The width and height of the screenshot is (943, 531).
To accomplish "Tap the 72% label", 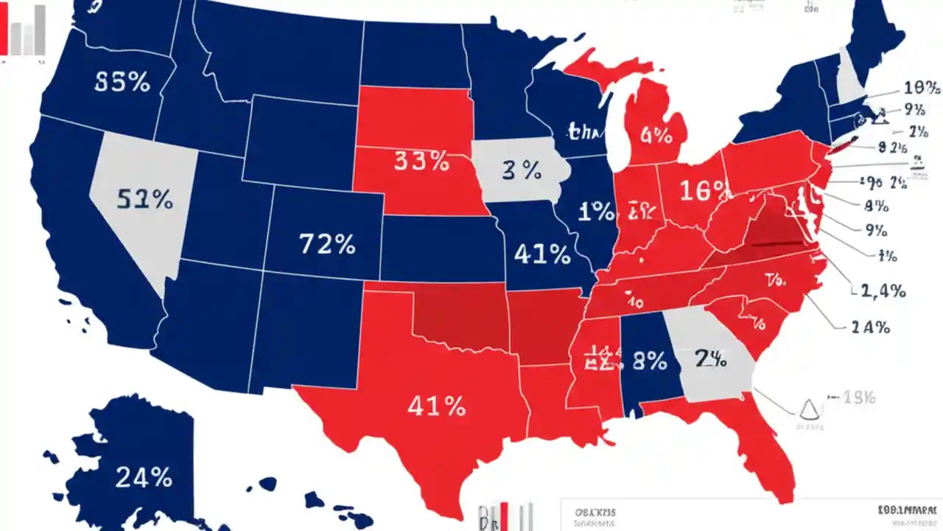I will tap(327, 243).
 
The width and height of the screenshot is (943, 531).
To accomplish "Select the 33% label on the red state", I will tap(421, 161).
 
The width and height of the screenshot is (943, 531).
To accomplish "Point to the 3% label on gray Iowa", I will tap(522, 170).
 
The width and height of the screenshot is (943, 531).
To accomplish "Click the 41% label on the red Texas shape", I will tap(436, 406).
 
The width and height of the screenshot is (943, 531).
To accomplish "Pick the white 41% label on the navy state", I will tap(542, 254).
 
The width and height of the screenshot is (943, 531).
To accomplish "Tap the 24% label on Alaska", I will tap(143, 478).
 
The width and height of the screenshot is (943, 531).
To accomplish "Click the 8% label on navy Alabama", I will tap(649, 361).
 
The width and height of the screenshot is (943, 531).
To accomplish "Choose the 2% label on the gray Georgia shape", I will tap(710, 359).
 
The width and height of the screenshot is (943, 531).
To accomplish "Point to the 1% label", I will tap(596, 212).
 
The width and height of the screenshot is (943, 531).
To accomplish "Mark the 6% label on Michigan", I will tap(656, 136).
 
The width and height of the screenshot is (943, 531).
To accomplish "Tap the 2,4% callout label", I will tap(882, 291).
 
